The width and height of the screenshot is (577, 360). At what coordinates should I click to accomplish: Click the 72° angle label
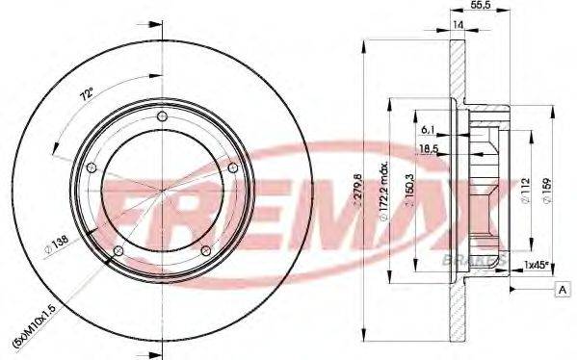point(88,94)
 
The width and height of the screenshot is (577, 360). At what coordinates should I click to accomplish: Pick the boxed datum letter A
point(562,290)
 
